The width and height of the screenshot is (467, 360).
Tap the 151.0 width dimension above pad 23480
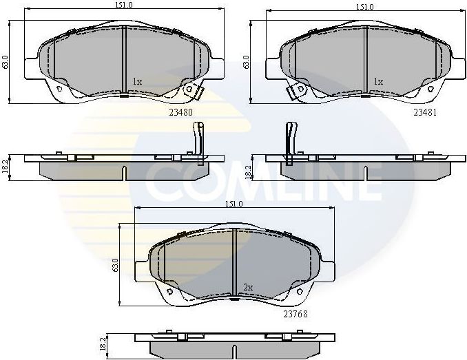123,6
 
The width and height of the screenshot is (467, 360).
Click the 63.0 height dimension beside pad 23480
6,61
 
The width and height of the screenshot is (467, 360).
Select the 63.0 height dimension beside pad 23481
247,61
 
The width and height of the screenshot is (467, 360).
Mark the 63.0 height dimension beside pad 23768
116,264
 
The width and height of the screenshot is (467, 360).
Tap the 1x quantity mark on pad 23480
137,81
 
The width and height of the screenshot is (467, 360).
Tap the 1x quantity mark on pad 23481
377,81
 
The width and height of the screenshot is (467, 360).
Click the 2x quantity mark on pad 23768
249,286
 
